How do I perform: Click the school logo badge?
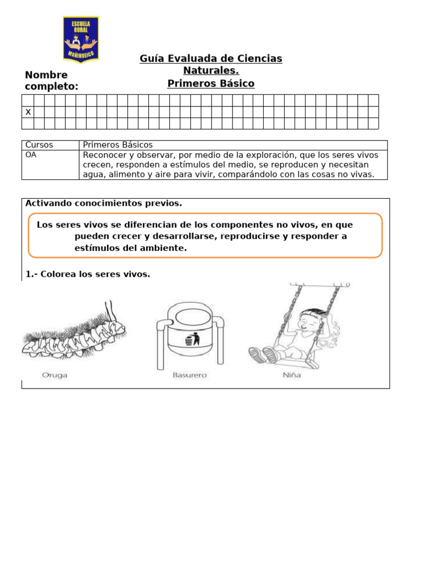(81, 39)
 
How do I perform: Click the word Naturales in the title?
(211, 71)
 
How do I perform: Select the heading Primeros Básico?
(211, 84)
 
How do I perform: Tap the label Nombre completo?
(52, 81)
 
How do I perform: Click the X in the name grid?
(28, 112)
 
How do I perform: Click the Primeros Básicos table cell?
(118, 145)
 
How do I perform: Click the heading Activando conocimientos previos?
(104, 204)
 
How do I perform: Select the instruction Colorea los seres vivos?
(88, 274)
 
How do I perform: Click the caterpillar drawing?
(74, 332)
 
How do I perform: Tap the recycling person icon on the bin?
(190, 341)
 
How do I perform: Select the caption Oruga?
(55, 376)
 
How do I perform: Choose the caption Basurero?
(190, 376)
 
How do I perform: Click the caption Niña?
(292, 376)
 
